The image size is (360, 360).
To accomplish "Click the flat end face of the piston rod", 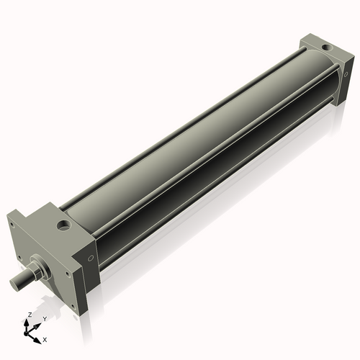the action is pyautogui.click(x=14, y=283).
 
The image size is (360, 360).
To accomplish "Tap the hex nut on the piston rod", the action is pyautogui.click(x=35, y=272).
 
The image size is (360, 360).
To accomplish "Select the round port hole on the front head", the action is pyautogui.click(x=63, y=225).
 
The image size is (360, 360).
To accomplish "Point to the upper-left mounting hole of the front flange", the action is pyautogui.click(x=12, y=225).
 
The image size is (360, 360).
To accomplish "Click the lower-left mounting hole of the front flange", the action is pyautogui.click(x=19, y=258).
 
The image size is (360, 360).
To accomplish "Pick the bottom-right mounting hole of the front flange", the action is pyautogui.click(x=73, y=307).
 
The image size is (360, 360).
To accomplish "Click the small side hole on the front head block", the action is pyautogui.click(x=91, y=258).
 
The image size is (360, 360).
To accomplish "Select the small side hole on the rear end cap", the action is pyautogui.click(x=346, y=75).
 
